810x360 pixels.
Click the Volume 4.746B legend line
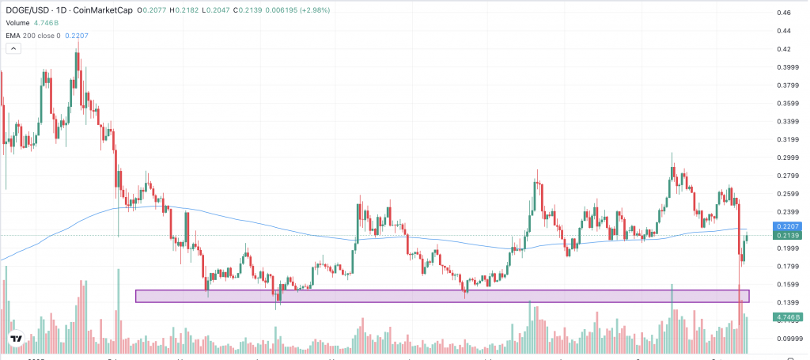38,23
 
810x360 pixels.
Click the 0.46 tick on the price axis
784,13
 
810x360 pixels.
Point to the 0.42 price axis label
784,49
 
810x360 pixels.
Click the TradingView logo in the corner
16,340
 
